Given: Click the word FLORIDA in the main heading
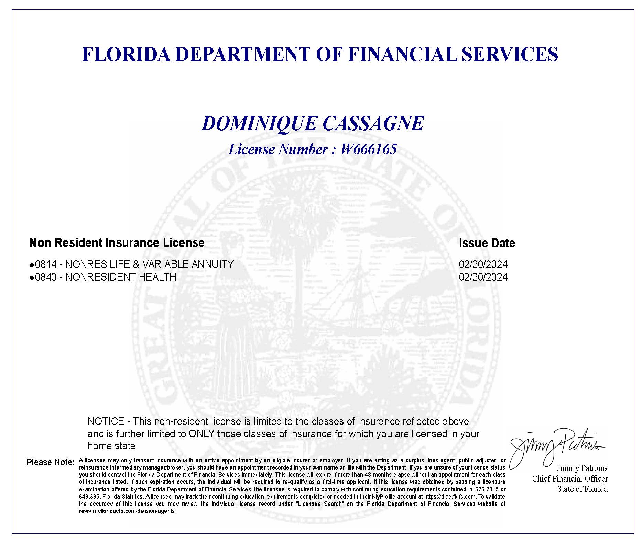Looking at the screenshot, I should coord(126,55).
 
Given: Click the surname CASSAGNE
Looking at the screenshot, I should coord(373,124).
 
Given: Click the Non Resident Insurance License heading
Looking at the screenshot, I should coord(117,243).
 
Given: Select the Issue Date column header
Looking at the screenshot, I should coord(487,243).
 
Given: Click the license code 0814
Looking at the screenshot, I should coord(46,264).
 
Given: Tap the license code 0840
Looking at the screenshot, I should coord(46,277).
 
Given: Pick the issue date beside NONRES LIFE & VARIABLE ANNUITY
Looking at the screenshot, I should coord(483,264).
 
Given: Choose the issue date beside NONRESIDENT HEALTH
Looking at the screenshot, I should coord(483,277).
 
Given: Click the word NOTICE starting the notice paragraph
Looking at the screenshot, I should coord(106,421).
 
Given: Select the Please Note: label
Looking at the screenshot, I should coord(50,462).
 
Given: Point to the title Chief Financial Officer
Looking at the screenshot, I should coord(570,479).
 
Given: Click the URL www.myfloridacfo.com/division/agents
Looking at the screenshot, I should coord(128,511).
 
